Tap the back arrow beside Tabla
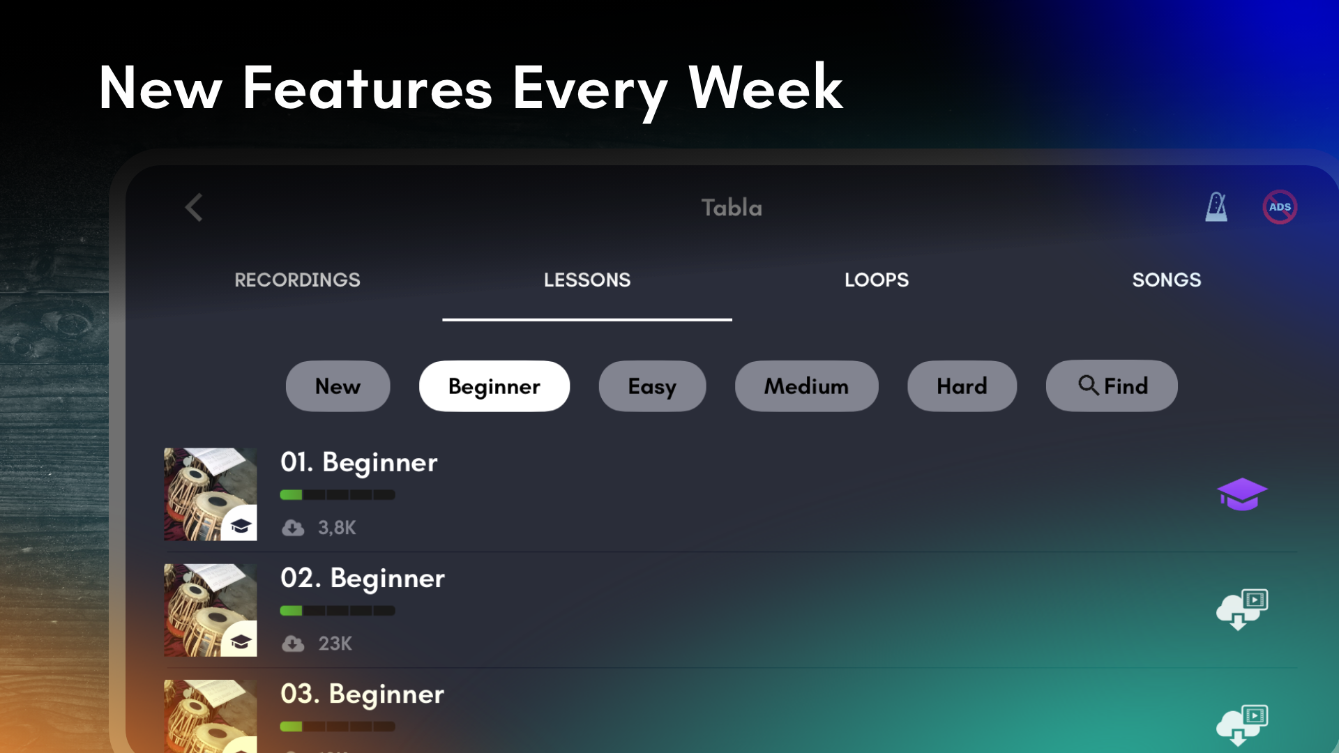[x=194, y=207]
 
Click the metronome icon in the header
[x=1216, y=207]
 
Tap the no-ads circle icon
[x=1280, y=207]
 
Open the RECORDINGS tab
[x=297, y=280]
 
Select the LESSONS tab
[x=587, y=280]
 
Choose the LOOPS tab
[x=877, y=280]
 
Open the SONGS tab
[x=1167, y=280]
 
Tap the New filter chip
[x=338, y=386]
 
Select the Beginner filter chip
[x=494, y=386]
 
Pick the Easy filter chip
[x=652, y=386]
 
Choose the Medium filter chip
[x=807, y=386]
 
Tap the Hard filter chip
[x=962, y=386]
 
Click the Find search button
[x=1112, y=386]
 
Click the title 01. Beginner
[x=359, y=462]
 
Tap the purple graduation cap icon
[x=1242, y=494]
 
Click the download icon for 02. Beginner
[x=1242, y=609]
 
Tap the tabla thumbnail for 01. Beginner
[x=210, y=494]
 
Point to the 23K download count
[x=335, y=643]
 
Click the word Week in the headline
[x=765, y=88]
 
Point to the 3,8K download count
[x=337, y=528]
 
